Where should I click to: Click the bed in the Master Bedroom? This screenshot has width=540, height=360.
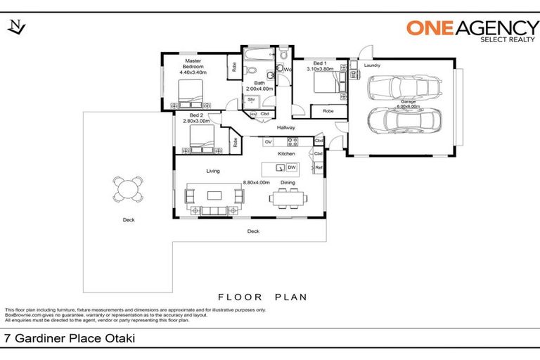pyautogui.click(x=191, y=92)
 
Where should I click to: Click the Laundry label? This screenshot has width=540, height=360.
pyautogui.click(x=372, y=65)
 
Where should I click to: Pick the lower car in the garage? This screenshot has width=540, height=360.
pyautogui.click(x=401, y=121)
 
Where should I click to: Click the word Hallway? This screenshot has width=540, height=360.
pyautogui.click(x=285, y=127)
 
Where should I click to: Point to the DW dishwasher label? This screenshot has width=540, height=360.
pyautogui.click(x=291, y=167)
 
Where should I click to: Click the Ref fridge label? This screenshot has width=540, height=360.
pyautogui.click(x=319, y=167)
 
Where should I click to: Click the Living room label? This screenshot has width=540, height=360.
pyautogui.click(x=213, y=171)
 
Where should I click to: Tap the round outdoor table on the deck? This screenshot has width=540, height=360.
pyautogui.click(x=128, y=188)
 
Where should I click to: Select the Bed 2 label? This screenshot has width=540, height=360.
pyautogui.click(x=197, y=115)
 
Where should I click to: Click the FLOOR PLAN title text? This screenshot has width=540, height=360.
pyautogui.click(x=262, y=297)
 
